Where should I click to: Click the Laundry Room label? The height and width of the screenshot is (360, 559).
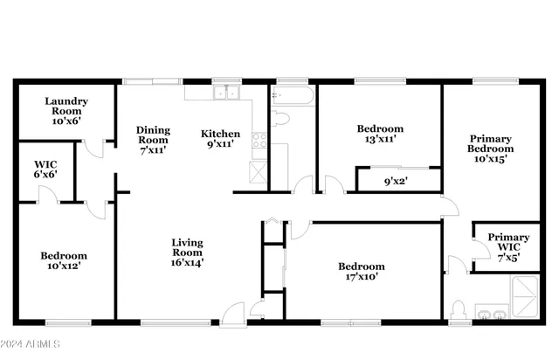click(x=64, y=111)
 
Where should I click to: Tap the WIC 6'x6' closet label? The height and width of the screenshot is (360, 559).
click(x=45, y=169)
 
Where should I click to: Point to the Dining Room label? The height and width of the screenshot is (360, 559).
click(x=153, y=140)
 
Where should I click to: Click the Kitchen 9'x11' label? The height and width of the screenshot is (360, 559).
click(x=220, y=140)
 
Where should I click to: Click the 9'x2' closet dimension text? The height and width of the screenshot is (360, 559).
click(x=397, y=183)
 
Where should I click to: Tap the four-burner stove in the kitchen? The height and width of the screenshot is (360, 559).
click(x=259, y=138)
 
